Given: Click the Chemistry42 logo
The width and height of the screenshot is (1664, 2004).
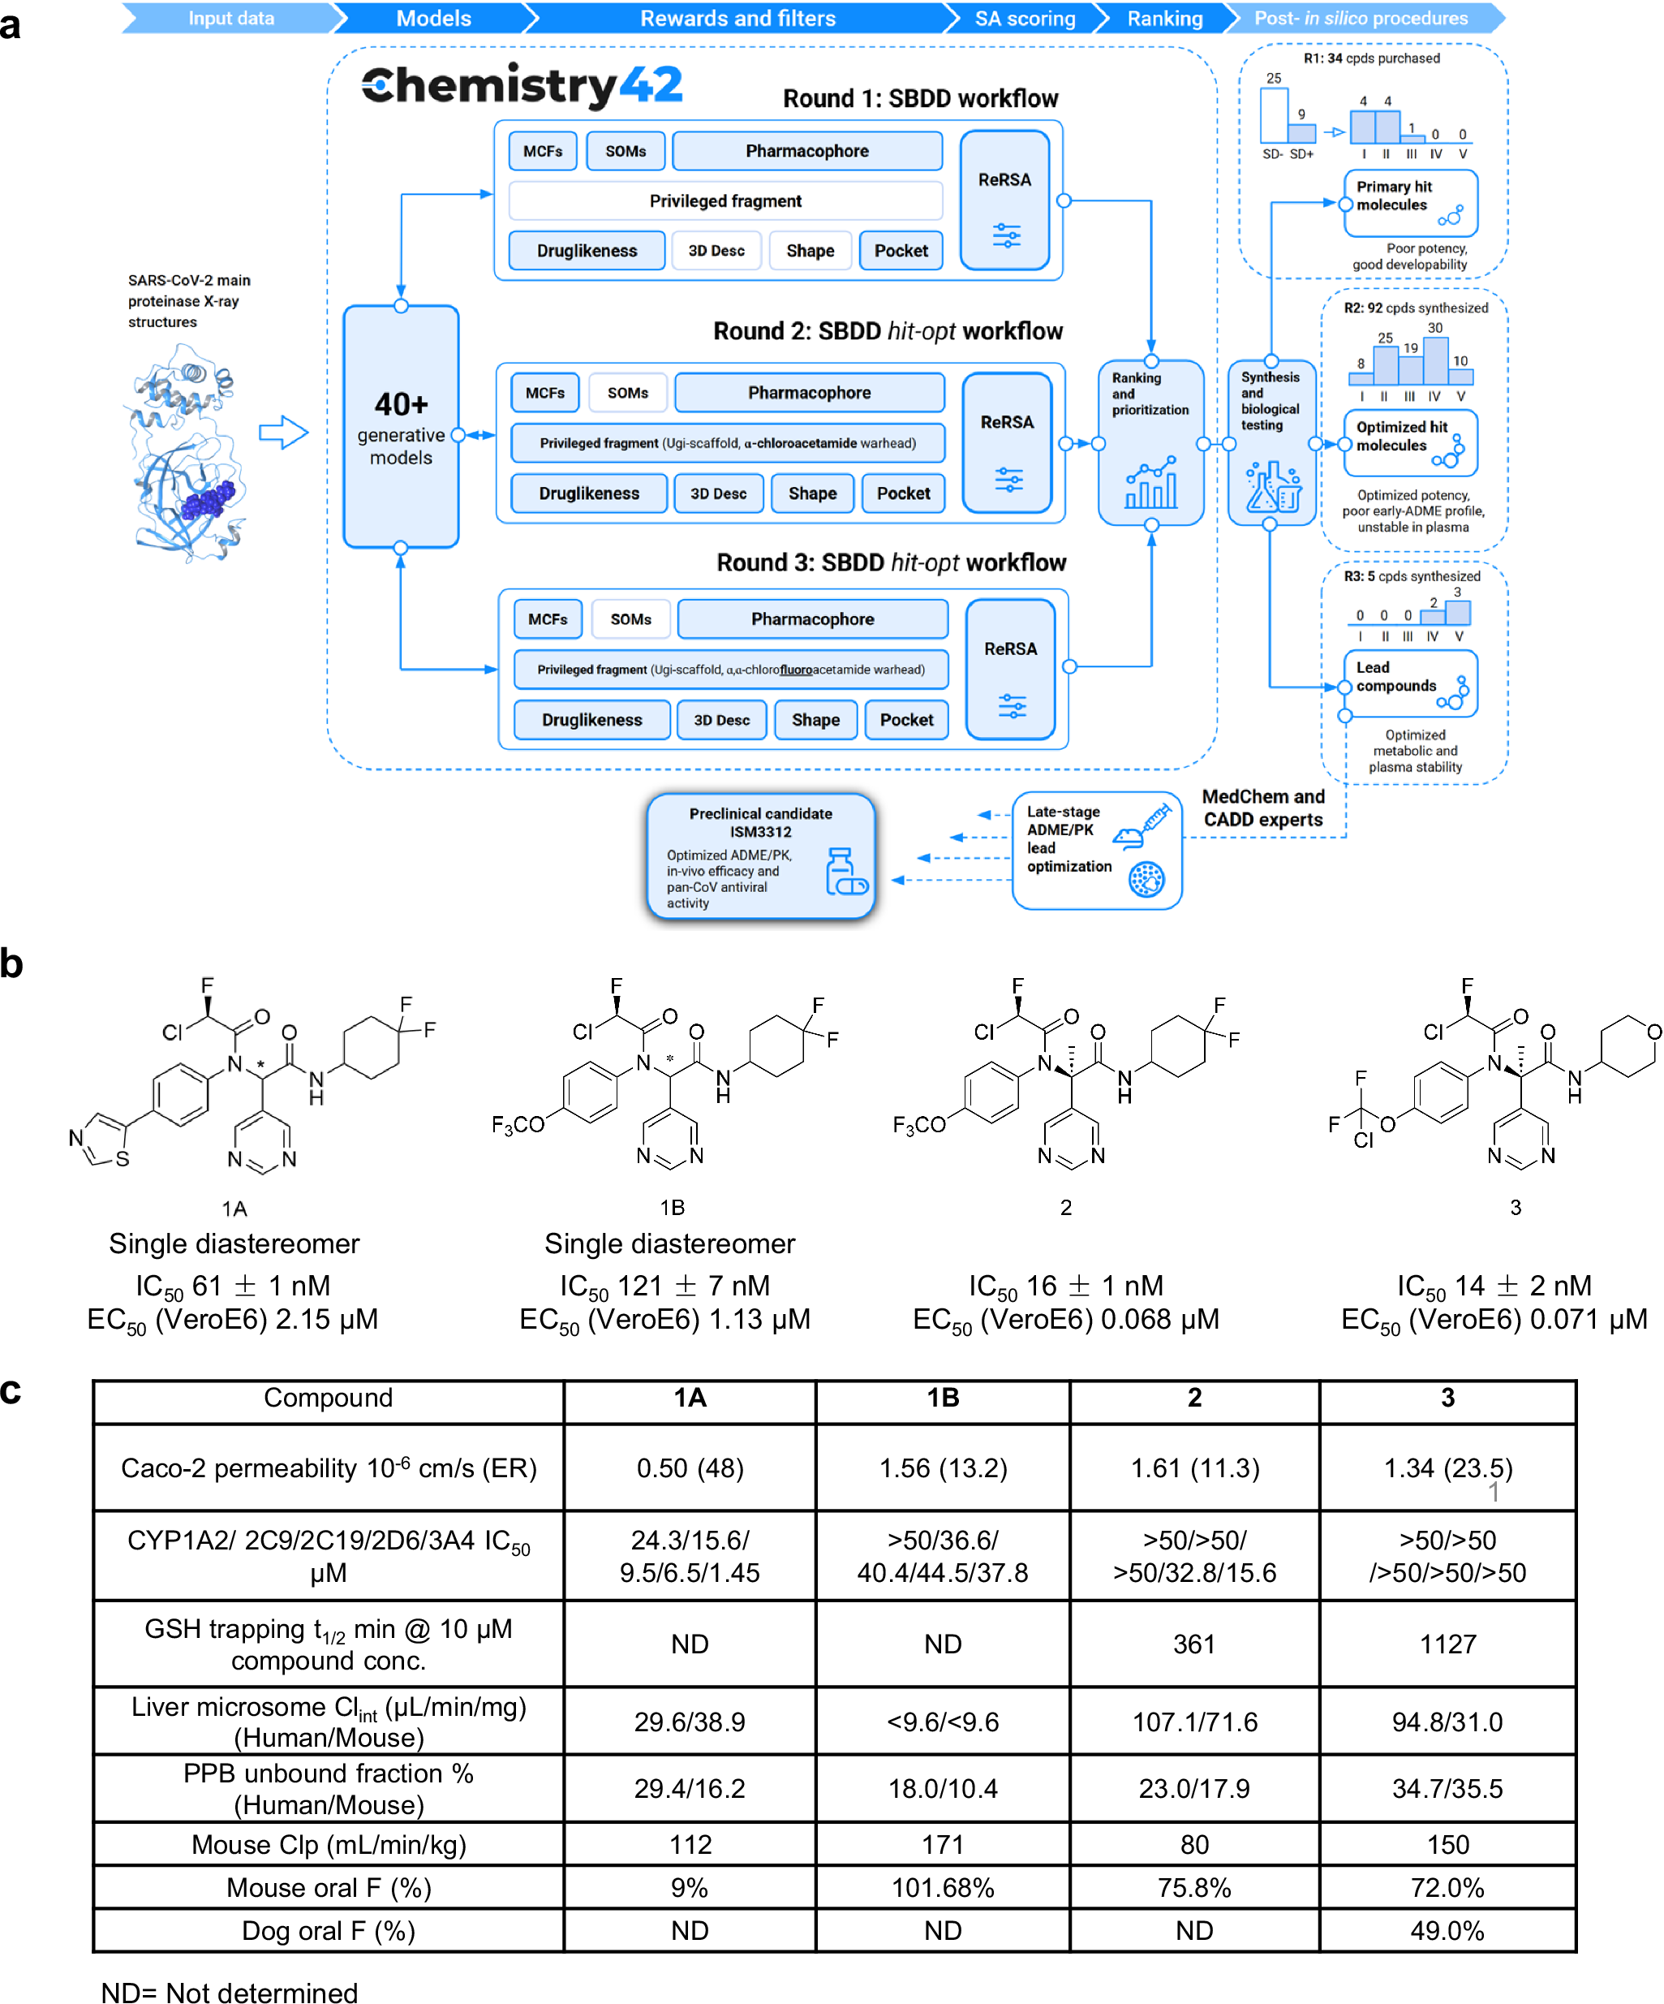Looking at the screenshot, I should (x=521, y=86).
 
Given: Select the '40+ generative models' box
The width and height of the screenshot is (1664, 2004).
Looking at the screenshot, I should (x=401, y=428).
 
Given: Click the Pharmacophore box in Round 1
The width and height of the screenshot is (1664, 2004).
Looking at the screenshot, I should (x=806, y=151).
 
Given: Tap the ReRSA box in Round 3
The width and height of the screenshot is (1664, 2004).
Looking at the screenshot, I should (x=1009, y=668).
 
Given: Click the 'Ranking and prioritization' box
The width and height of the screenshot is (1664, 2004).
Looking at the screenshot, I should (x=1150, y=441).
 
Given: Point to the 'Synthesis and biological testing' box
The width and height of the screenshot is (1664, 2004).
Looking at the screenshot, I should (x=1271, y=441).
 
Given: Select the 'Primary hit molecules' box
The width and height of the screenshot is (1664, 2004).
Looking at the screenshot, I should (x=1409, y=202).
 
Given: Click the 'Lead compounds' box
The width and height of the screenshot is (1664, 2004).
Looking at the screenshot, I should (x=1409, y=683).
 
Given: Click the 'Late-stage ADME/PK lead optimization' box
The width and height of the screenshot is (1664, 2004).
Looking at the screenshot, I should (x=1095, y=848).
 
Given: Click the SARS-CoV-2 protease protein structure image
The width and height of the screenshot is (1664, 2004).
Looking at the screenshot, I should (x=186, y=453).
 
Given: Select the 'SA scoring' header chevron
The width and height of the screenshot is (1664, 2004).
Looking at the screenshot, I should (x=1024, y=18).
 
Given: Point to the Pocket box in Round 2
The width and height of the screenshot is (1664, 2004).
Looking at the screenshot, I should (x=903, y=493).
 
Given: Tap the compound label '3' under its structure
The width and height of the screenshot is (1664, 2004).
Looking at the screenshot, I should (x=1516, y=1207).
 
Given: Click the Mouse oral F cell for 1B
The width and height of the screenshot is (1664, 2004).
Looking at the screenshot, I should (x=942, y=1888).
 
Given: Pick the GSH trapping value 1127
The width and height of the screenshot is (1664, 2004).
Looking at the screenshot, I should (x=1447, y=1644).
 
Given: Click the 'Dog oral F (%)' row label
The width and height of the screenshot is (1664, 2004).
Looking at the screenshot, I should (x=329, y=1930).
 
